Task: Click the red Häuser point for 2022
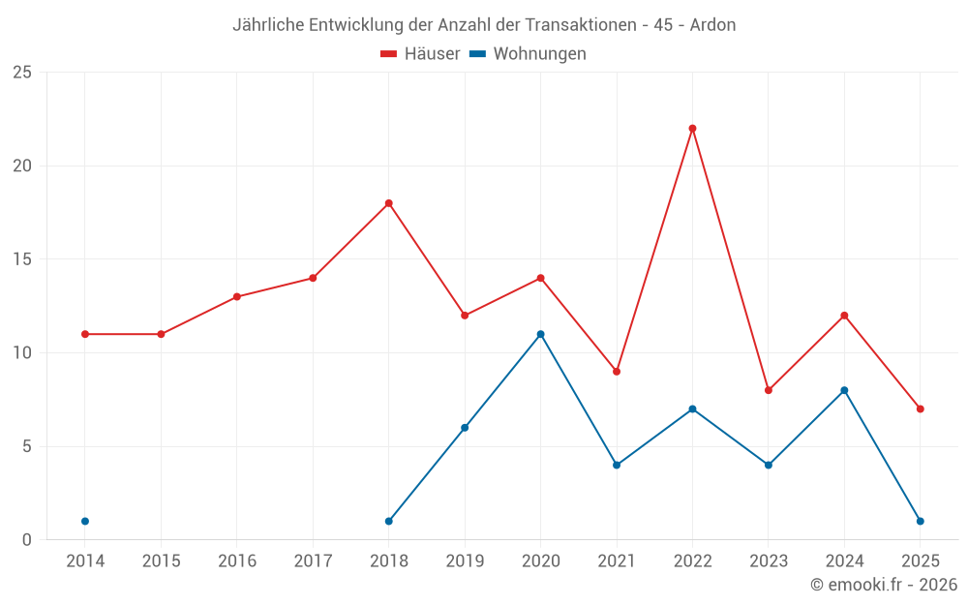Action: (692, 128)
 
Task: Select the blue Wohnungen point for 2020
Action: (540, 334)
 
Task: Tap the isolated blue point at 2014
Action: (85, 521)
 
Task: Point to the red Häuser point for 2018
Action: (388, 203)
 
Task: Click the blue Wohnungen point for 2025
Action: (920, 521)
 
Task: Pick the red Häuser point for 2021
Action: (617, 372)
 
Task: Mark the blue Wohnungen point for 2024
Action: (844, 390)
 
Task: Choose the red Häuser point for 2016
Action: (237, 296)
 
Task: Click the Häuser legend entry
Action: (420, 54)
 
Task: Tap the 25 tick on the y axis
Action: (22, 73)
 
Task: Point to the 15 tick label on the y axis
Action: (22, 259)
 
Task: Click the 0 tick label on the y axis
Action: (27, 539)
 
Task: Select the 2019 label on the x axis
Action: (465, 560)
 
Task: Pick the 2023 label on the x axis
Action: (769, 560)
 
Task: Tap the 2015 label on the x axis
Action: (161, 560)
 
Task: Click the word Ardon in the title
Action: (712, 25)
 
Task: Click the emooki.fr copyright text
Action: (884, 584)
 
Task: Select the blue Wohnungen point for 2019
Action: (465, 428)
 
